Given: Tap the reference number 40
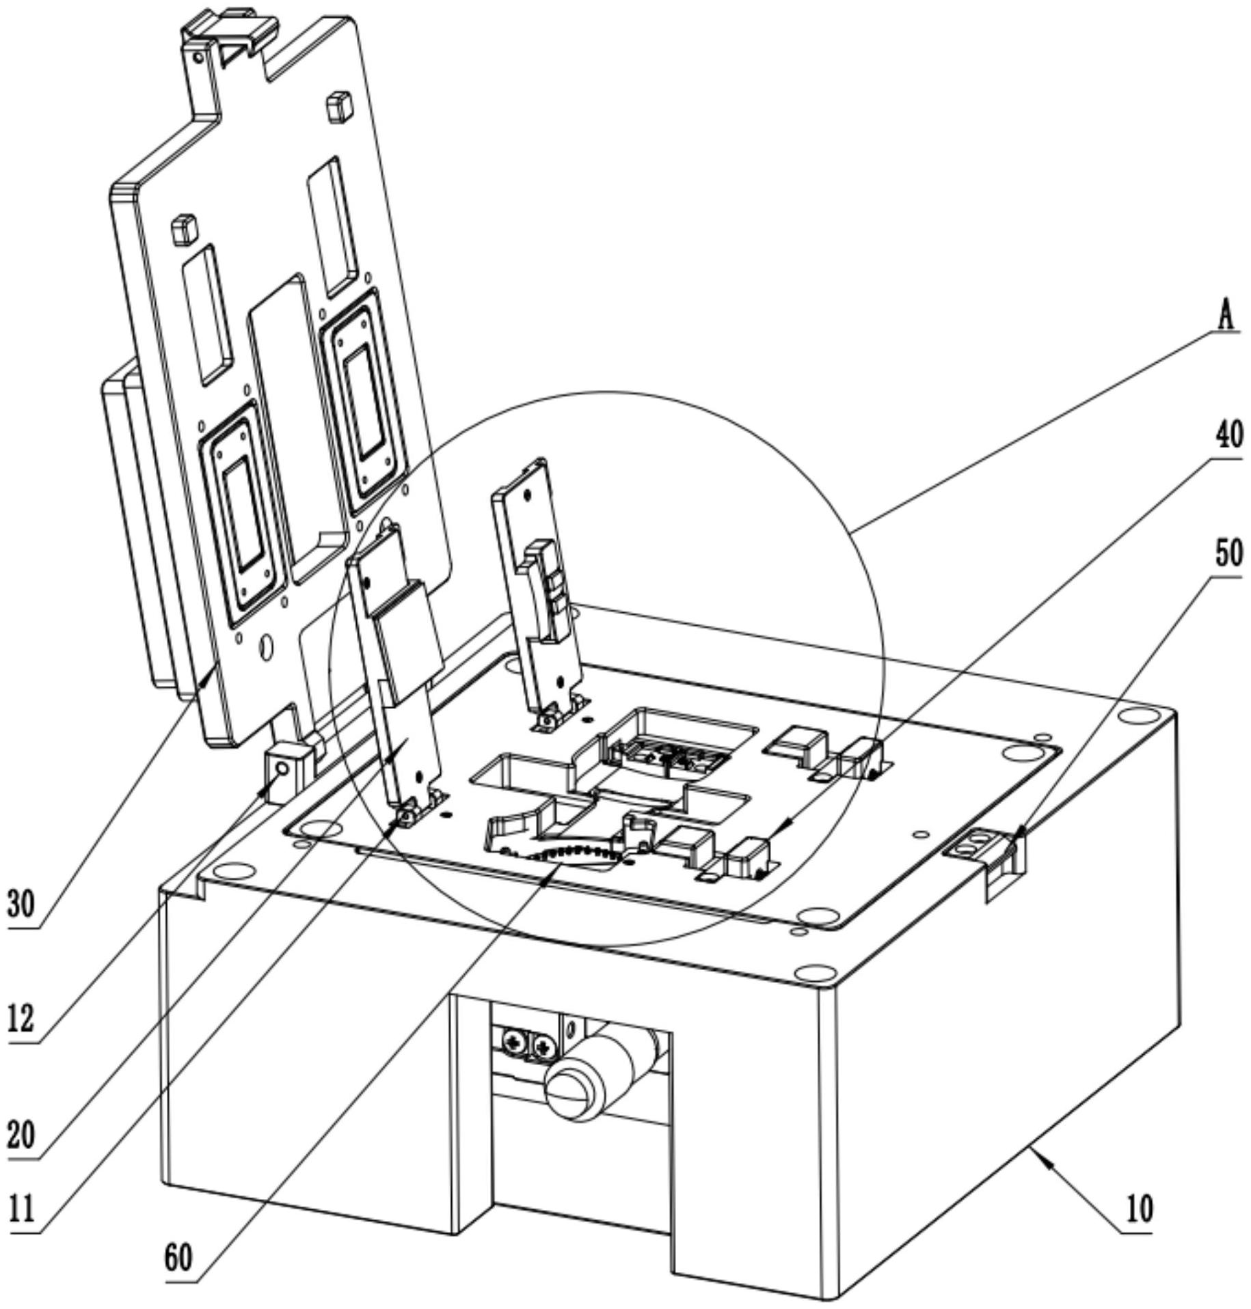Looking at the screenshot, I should click(1228, 435).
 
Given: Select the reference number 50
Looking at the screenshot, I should click(1228, 553).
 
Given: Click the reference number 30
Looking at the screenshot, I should click(21, 905).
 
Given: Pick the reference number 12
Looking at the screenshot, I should click(21, 1020).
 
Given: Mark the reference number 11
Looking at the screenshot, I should click(21, 1210).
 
